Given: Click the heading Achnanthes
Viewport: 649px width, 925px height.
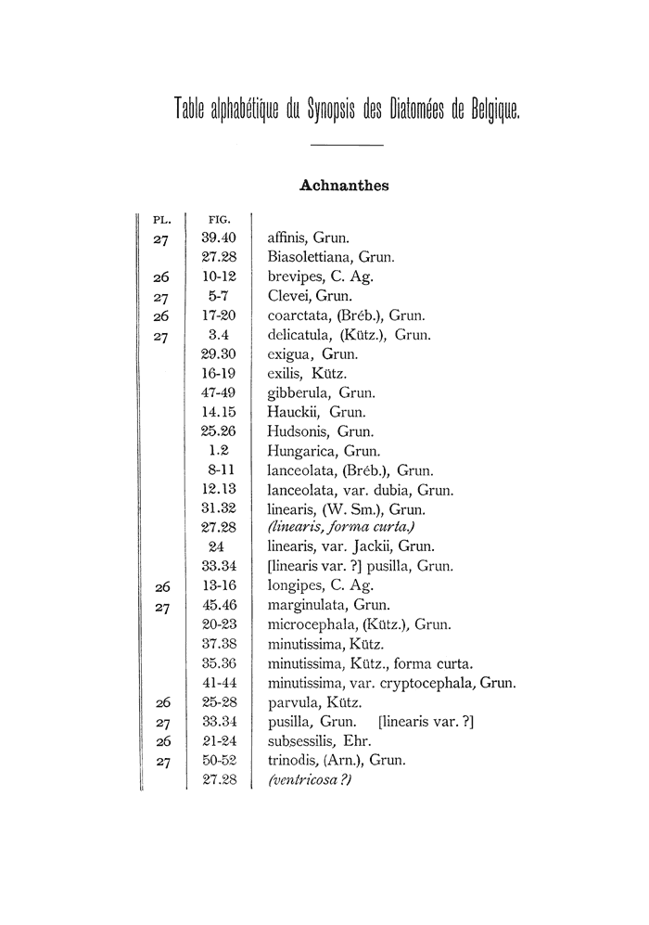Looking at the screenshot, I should [344, 186].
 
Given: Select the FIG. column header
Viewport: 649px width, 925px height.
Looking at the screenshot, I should [219, 221].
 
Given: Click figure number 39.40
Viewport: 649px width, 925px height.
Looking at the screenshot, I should [220, 238].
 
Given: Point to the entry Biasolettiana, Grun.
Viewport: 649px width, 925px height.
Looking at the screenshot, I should [331, 257].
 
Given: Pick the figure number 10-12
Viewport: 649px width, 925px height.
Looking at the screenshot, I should [220, 276].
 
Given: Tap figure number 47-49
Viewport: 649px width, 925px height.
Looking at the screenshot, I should [220, 392].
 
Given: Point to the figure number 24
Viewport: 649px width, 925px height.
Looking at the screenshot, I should [220, 547].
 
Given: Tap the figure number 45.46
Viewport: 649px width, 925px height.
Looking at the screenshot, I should [220, 606].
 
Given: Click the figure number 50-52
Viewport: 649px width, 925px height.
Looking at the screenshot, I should [220, 761].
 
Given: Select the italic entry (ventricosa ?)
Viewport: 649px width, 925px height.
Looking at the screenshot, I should [309, 780].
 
